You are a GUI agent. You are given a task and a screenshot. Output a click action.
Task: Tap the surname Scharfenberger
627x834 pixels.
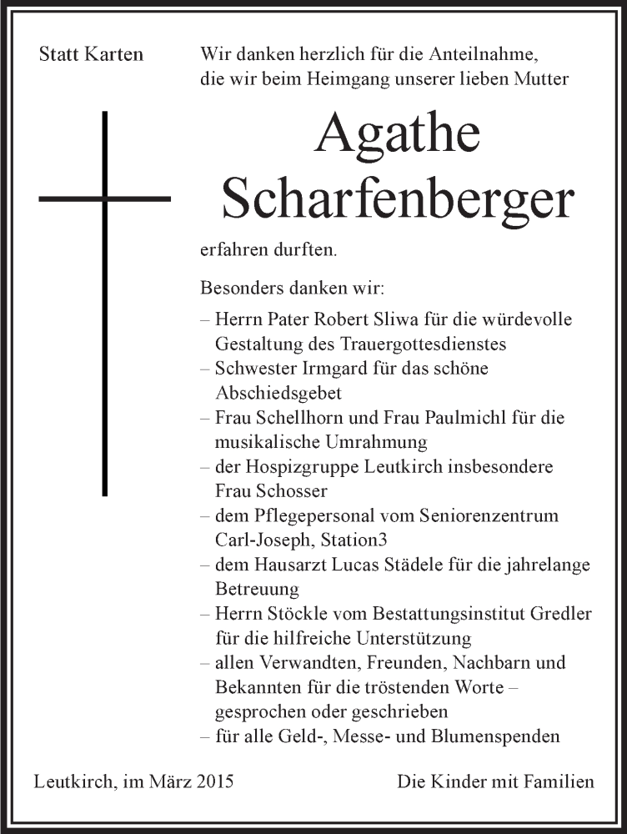coord(399,201)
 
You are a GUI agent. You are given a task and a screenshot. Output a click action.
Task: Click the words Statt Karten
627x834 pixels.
coord(92,55)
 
